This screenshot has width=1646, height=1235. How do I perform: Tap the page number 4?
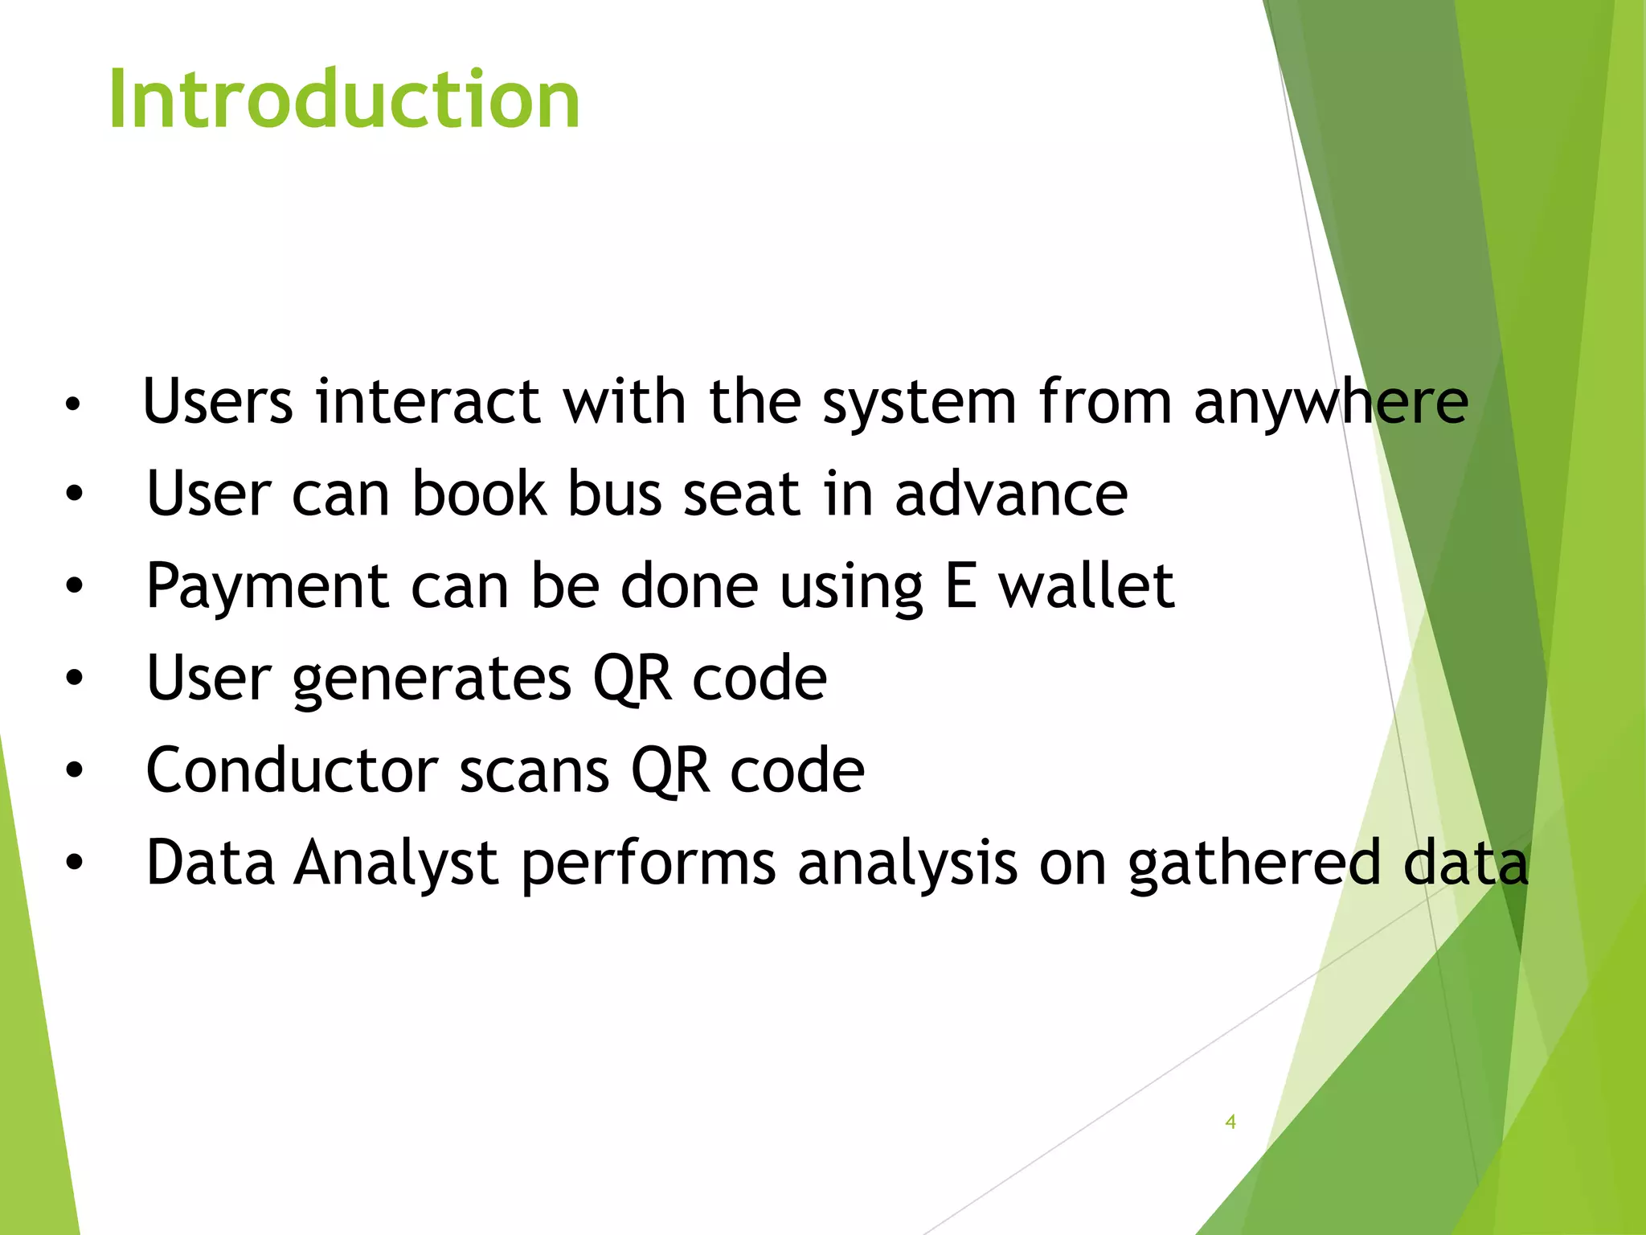[1230, 1122]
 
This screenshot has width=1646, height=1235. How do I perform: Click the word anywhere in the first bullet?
[1331, 402]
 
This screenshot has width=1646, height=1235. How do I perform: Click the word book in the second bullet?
[479, 494]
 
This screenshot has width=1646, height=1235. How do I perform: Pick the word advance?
[1011, 494]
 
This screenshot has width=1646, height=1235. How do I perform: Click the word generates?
[432, 680]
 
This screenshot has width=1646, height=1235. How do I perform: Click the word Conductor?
[292, 770]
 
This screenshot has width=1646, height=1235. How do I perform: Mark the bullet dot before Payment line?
[74, 586]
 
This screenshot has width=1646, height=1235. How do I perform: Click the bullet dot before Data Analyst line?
[74, 863]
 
